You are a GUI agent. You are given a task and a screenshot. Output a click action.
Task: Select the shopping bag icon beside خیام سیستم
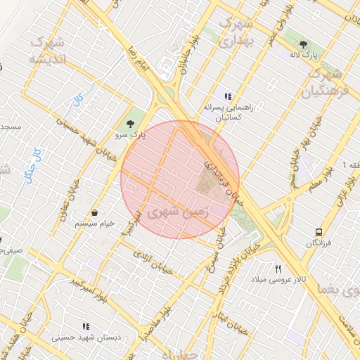(94, 212)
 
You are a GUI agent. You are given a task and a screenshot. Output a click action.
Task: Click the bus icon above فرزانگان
(320, 231)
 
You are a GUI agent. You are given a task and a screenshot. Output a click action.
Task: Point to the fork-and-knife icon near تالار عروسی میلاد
(278, 269)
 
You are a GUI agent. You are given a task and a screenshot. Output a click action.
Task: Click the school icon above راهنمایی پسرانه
(227, 96)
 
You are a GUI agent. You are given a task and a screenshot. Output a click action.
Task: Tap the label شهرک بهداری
(233, 32)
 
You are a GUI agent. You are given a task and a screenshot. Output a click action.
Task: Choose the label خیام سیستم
(95, 223)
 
